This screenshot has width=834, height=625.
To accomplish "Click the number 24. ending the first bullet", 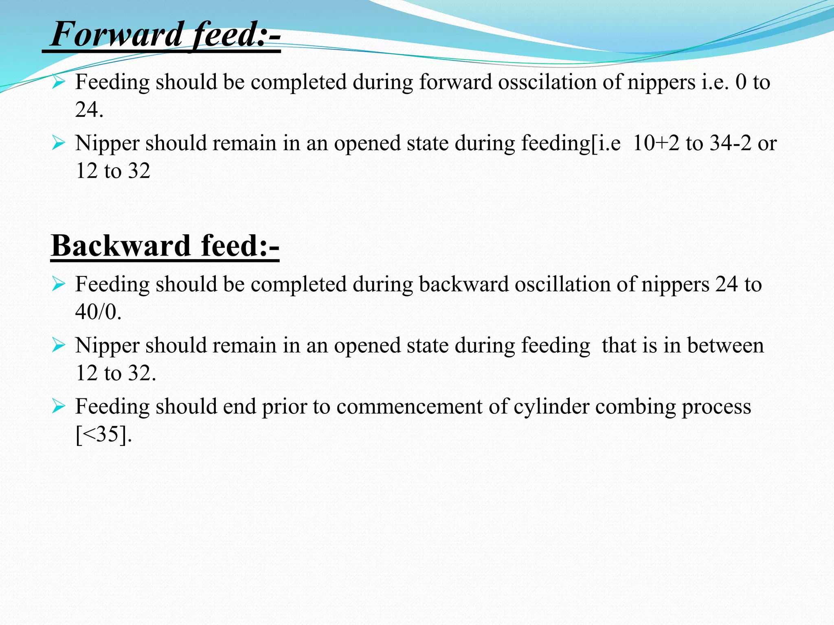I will point(89,109).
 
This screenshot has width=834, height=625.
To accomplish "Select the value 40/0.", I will point(98,312).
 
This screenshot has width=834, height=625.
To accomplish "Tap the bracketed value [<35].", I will point(104,435).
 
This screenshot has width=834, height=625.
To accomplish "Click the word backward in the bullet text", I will point(464,284).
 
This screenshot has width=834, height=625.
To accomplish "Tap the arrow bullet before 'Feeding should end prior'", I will point(59,406).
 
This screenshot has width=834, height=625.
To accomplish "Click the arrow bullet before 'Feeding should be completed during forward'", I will point(59,82).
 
